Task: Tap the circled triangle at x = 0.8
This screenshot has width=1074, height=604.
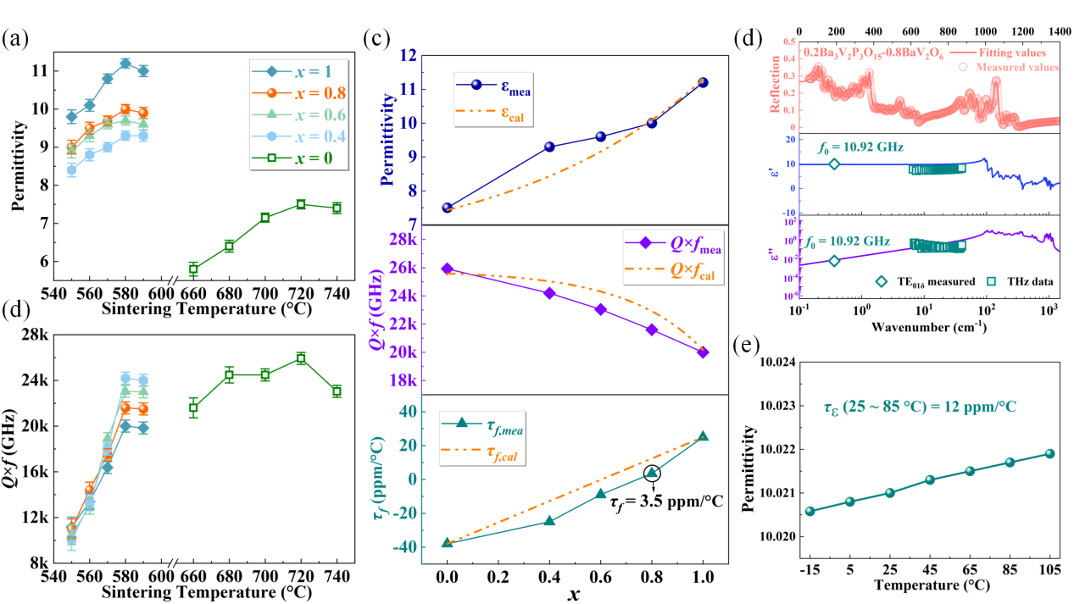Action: [x=651, y=474]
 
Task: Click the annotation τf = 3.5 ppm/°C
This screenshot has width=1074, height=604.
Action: [x=666, y=501]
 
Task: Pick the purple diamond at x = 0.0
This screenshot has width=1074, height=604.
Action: [x=447, y=269]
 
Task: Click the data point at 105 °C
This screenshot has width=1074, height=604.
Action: [x=1049, y=453]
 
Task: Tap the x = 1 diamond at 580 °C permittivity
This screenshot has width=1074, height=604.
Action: [x=125, y=64]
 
